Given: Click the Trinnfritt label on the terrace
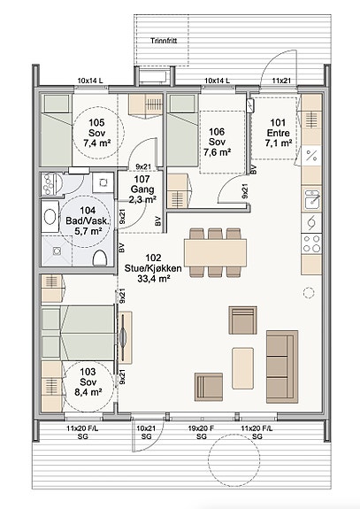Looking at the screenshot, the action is point(164,41).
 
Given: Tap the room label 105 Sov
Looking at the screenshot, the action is point(96,127).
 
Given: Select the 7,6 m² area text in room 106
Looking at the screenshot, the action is point(217,152).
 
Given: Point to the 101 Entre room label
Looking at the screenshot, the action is point(278,127).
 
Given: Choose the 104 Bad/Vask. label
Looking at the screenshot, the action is point(88,215).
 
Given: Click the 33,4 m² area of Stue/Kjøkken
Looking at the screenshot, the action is point(153,279).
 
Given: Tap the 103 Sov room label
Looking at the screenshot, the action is point(88,376).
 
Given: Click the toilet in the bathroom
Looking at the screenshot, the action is point(100,258).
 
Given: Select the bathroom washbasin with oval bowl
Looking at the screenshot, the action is point(50,217).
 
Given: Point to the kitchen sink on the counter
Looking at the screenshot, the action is point(311,199).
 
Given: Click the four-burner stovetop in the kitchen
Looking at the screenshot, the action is point(311,244).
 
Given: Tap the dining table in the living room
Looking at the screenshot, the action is point(215,252).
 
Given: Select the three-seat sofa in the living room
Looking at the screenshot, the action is point(282,366).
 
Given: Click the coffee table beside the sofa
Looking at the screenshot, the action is point(242,368).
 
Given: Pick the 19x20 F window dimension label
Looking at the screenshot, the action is point(201,428).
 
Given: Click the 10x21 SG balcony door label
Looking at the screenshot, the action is point(146,433).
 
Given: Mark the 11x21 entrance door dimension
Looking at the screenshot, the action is point(281,81).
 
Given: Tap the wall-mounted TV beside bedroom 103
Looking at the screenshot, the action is point(124,337).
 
